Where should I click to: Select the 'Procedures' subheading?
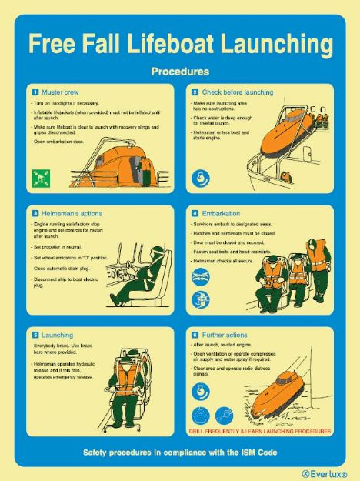tap(180, 72)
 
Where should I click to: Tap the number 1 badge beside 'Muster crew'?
tap(35, 92)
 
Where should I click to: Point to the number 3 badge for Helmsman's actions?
tap(35, 212)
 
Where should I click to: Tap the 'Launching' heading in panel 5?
tap(58, 336)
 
